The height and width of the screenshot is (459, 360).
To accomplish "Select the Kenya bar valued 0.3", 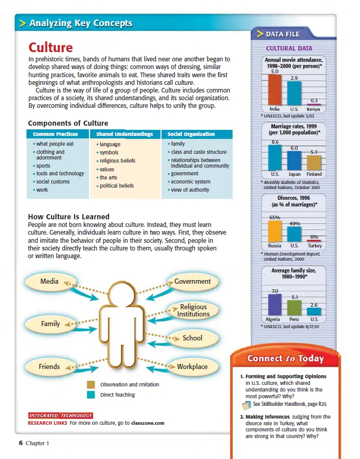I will [x=313, y=104].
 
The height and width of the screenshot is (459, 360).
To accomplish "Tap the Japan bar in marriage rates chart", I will [x=294, y=160].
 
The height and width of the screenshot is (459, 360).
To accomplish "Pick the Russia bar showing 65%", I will [x=275, y=231].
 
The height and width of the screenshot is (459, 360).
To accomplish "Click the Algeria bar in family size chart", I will [x=275, y=305].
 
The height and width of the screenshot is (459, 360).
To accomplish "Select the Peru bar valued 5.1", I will [x=294, y=308].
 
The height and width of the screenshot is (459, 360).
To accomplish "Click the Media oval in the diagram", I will [x=50, y=281].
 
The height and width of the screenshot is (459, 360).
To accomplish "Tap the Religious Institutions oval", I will [x=193, y=310].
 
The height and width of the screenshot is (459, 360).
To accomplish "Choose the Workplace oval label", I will [x=192, y=366].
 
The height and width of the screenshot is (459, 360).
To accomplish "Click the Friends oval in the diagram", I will [x=50, y=366].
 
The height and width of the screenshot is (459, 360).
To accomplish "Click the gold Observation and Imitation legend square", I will [x=91, y=384].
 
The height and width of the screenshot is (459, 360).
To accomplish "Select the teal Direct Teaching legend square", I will [x=91, y=395].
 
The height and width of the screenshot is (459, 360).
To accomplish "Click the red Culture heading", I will [x=51, y=48].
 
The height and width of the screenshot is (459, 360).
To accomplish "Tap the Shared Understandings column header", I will [x=124, y=134].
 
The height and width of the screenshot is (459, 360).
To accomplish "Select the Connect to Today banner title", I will [x=285, y=358].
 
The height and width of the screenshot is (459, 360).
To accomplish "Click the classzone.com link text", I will [x=147, y=423].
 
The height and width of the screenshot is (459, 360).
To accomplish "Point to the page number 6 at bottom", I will [x=21, y=443].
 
